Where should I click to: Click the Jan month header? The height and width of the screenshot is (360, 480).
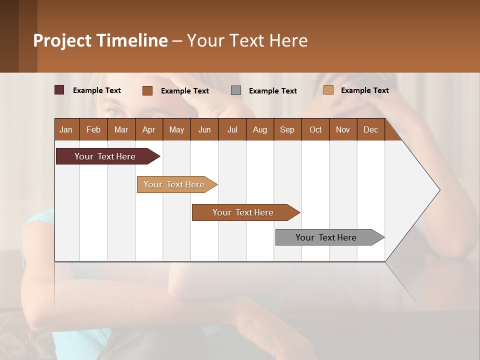click(x=66, y=129)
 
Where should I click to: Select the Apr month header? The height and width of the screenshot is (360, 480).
click(x=148, y=129)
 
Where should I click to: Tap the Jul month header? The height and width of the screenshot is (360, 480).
click(x=232, y=129)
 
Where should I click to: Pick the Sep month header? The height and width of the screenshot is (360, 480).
click(x=287, y=129)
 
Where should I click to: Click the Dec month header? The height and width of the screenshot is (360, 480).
click(x=370, y=129)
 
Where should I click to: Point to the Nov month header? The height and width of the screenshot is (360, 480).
click(x=342, y=129)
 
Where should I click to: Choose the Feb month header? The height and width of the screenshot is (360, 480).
click(x=93, y=129)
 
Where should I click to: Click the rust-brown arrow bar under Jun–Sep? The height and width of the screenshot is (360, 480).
click(x=243, y=212)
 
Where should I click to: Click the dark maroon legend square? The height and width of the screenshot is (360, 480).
click(x=59, y=90)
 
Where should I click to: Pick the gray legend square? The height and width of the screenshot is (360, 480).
click(x=236, y=90)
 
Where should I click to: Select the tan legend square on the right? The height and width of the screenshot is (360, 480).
click(x=328, y=90)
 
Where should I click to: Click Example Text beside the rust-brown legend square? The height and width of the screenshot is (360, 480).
click(x=184, y=91)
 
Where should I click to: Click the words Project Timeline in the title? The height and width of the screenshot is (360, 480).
click(x=100, y=40)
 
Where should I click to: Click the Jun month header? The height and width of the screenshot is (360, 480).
click(x=204, y=129)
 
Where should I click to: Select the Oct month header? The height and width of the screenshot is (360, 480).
click(x=315, y=129)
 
